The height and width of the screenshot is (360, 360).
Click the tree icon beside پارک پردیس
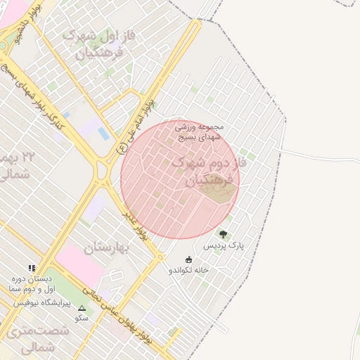[224, 234]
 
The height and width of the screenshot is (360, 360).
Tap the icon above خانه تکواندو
[188, 259]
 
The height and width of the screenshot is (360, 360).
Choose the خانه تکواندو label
[188, 270]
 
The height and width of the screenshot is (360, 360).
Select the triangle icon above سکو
[82, 308]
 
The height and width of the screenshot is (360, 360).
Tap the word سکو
[82, 318]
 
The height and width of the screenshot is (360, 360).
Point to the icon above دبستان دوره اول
[32, 268]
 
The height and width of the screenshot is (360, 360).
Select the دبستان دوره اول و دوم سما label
[31, 284]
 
